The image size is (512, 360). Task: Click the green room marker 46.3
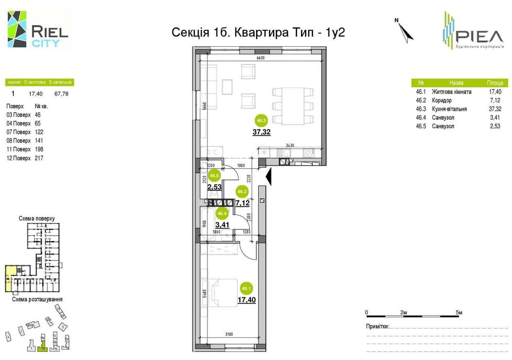[x=261, y=121]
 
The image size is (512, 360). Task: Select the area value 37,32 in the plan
[x=262, y=132]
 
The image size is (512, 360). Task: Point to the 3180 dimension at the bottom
[x=229, y=335]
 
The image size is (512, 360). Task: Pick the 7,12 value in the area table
[x=495, y=100]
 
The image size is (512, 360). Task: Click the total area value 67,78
[x=61, y=94]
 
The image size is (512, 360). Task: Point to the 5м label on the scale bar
[x=459, y=312]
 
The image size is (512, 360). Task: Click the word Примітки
[x=377, y=326]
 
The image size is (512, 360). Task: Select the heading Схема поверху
[x=37, y=218]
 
